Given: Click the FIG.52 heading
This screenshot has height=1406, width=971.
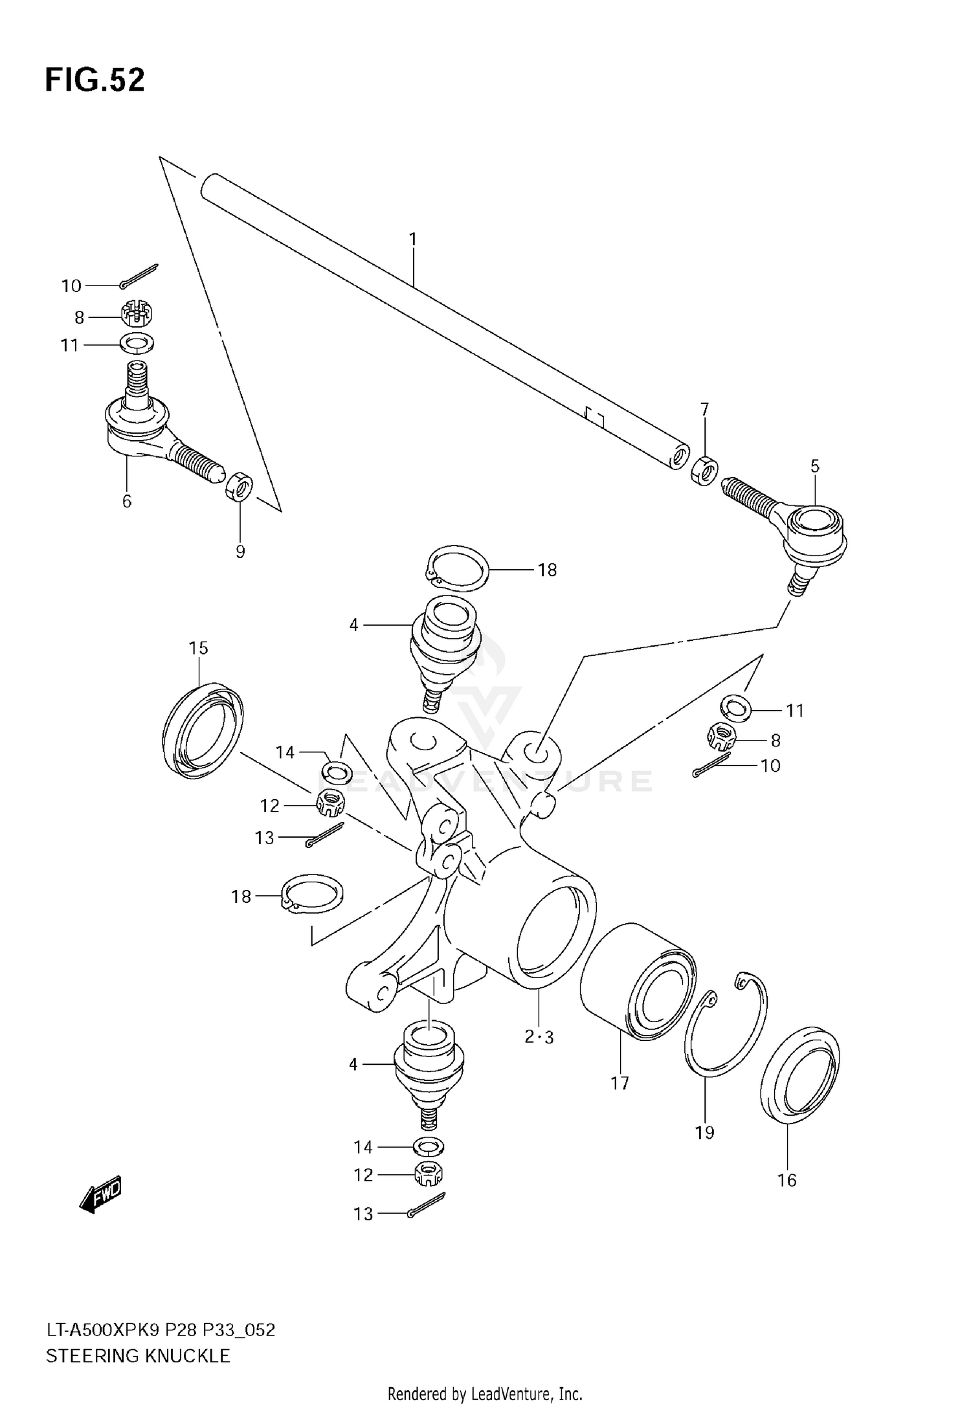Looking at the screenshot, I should [x=95, y=81].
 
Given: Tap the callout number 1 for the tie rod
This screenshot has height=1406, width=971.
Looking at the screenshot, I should [x=413, y=240].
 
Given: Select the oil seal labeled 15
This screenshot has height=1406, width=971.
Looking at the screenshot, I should [x=202, y=728].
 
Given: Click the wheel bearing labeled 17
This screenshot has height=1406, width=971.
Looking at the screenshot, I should [x=638, y=981].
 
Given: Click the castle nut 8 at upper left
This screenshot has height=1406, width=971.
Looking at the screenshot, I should [x=137, y=315].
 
